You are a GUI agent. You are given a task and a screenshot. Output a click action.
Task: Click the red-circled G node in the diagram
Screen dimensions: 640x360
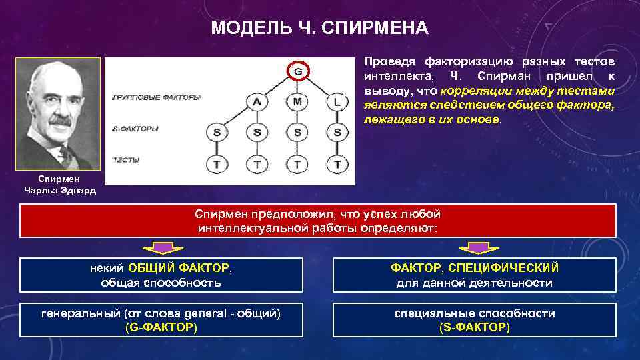(x=297, y=71)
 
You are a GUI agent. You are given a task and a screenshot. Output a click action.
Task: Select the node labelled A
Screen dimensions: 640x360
(x=257, y=102)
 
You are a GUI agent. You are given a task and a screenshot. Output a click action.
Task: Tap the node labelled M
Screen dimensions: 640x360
(x=297, y=102)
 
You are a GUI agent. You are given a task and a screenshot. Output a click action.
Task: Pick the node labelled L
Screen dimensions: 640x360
(x=337, y=102)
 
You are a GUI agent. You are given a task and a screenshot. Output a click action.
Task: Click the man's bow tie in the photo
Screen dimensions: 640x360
(x=65, y=155)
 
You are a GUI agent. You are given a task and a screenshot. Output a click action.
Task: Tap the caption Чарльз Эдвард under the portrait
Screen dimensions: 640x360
(x=60, y=190)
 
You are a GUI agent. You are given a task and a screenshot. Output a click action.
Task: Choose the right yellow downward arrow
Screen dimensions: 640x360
(x=476, y=248)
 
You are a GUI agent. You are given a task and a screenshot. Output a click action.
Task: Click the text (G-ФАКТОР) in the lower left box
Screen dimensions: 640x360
(x=161, y=327)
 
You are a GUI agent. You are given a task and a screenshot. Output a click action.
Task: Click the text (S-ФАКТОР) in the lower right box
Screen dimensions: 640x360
(x=475, y=327)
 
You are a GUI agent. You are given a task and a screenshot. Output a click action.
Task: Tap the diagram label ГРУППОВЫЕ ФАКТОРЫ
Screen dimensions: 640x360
(x=156, y=97)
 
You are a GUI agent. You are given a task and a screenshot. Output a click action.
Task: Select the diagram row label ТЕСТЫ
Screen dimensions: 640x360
(x=126, y=161)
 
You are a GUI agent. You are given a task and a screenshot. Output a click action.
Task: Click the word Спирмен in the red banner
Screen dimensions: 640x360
(x=221, y=214)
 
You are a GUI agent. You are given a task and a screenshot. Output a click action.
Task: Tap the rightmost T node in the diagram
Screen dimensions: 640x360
(x=337, y=163)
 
